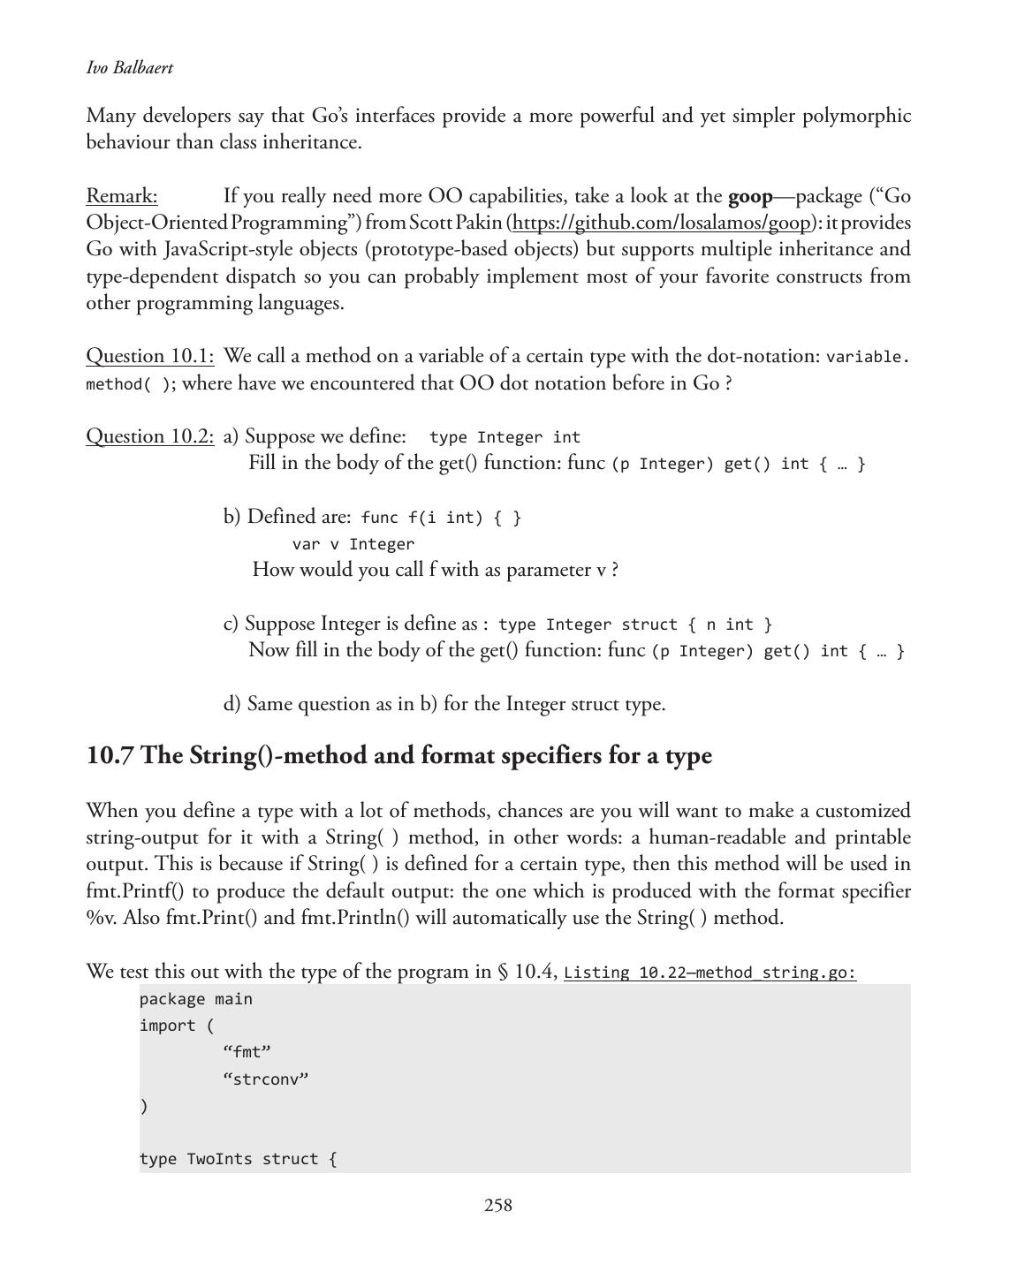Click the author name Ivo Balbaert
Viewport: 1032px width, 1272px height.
pyautogui.click(x=130, y=68)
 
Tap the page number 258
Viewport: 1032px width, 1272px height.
pyautogui.click(x=497, y=1206)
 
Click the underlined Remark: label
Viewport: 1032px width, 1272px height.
pyautogui.click(x=122, y=196)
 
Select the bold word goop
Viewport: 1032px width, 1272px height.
pyautogui.click(x=749, y=196)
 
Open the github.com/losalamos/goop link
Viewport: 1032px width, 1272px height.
pyautogui.click(x=661, y=223)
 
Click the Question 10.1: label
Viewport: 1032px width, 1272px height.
pyautogui.click(x=150, y=356)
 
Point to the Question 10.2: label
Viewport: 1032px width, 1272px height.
pyautogui.click(x=150, y=436)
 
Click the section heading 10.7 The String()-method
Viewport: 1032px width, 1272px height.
pyautogui.click(x=399, y=756)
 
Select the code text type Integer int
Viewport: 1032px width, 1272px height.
pyautogui.click(x=505, y=437)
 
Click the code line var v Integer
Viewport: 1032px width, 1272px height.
pyautogui.click(x=353, y=544)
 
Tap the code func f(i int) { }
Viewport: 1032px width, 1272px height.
pyautogui.click(x=441, y=518)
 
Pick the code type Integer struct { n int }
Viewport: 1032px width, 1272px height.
pyautogui.click(x=635, y=625)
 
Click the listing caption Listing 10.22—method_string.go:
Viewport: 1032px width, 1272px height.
pyautogui.click(x=709, y=973)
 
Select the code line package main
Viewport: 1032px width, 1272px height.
pyautogui.click(x=196, y=999)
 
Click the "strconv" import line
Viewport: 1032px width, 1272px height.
pyautogui.click(x=266, y=1079)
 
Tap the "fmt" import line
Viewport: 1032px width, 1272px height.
pyautogui.click(x=247, y=1052)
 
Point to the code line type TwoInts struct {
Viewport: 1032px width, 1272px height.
pyautogui.click(x=238, y=1159)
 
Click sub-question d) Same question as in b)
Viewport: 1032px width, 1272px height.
pyautogui.click(x=444, y=704)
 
